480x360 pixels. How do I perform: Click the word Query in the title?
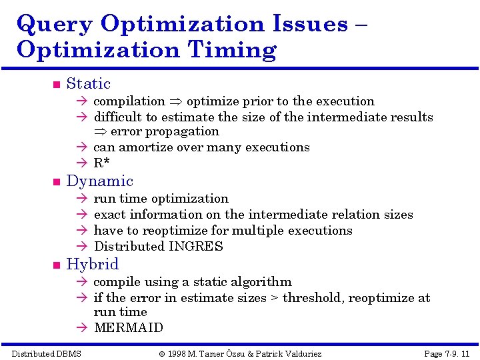click(x=55, y=25)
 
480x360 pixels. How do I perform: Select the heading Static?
click(x=88, y=84)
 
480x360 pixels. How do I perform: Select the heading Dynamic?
click(x=99, y=181)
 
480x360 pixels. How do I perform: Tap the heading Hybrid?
click(x=92, y=264)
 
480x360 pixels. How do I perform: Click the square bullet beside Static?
click(x=56, y=85)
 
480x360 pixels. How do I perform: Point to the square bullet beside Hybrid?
click(x=56, y=265)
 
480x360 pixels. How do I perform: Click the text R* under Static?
click(x=102, y=163)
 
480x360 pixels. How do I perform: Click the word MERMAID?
click(x=128, y=327)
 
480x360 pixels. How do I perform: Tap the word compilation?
click(x=129, y=101)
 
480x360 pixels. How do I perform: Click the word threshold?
click(x=311, y=298)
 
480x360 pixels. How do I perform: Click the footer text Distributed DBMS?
click(x=46, y=353)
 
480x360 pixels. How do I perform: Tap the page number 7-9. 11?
click(x=454, y=353)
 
